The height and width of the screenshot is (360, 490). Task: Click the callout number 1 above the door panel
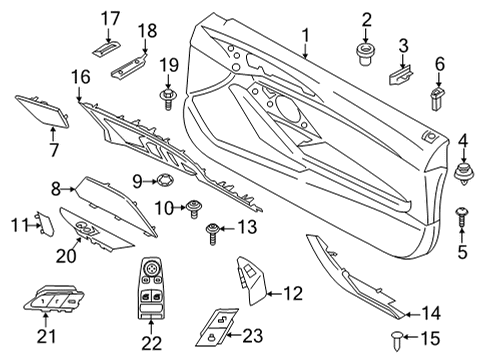coord(306,37)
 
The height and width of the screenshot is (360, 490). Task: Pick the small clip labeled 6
coord(438,96)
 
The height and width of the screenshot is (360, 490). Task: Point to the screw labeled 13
coord(212,235)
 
